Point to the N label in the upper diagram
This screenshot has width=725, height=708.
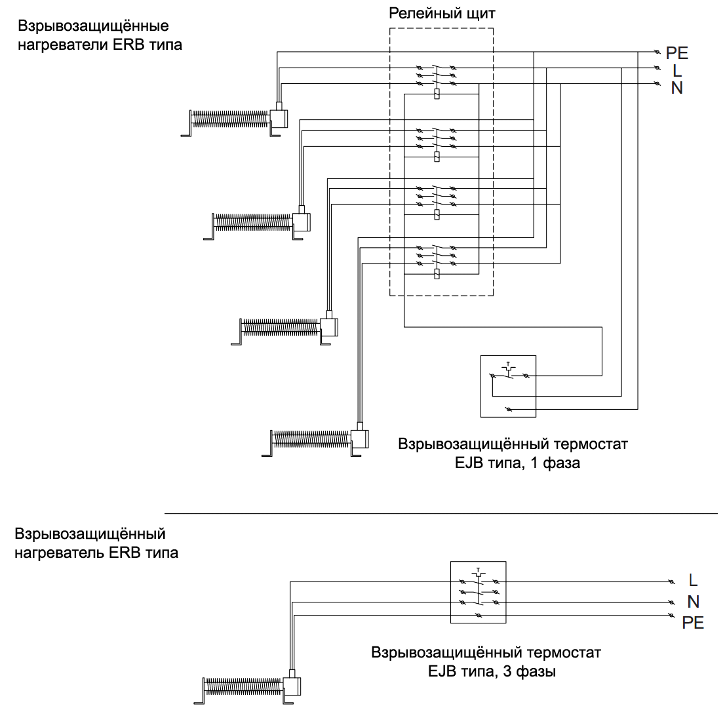tap(676, 88)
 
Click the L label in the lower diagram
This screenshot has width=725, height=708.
tap(694, 580)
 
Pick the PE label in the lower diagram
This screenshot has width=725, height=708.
tap(693, 623)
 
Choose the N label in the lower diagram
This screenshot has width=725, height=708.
tap(694, 601)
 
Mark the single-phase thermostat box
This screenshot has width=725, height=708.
tap(508, 386)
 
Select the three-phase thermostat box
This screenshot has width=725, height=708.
tap(478, 591)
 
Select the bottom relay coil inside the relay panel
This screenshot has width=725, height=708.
tap(437, 274)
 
